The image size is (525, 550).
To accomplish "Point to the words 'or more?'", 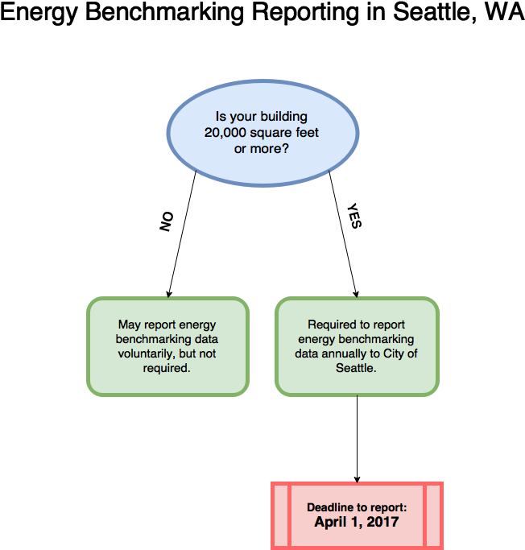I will tap(262, 149).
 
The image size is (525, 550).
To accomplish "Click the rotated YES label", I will tap(353, 216).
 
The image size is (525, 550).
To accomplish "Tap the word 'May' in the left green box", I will tap(130, 325).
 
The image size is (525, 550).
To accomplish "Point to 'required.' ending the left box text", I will tap(167, 368).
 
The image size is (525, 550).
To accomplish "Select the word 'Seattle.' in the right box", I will tap(357, 368).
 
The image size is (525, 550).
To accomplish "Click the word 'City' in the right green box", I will tap(392, 354).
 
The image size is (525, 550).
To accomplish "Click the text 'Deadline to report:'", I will tap(357, 507).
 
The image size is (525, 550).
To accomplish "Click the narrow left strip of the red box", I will tap(281, 515).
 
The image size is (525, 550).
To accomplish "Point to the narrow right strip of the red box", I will tap(432, 515).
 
